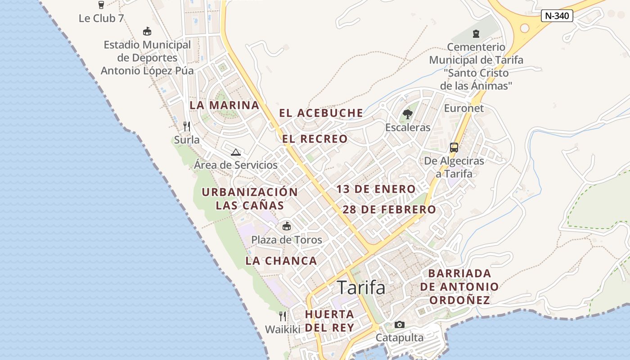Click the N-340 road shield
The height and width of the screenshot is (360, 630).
[x=557, y=16]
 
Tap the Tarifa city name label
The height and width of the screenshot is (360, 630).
[x=361, y=288]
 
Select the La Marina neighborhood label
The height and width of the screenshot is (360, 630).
[x=224, y=105]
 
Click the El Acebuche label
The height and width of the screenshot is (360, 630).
[x=321, y=113]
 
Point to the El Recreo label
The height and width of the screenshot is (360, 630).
[x=315, y=139]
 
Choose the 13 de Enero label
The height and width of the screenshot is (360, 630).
[x=376, y=189]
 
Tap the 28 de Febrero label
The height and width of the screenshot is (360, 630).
[x=389, y=210]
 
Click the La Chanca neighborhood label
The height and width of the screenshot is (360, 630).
[x=281, y=261]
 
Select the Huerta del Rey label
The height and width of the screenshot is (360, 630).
[x=329, y=320]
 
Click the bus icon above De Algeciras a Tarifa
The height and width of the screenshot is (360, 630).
[x=454, y=147]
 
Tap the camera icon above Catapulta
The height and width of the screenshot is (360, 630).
[x=399, y=324]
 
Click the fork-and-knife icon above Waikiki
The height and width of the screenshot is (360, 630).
[x=282, y=316]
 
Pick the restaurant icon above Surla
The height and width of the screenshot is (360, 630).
[x=187, y=126]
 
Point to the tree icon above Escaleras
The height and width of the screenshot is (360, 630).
[x=408, y=114]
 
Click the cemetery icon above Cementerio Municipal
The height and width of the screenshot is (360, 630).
[x=476, y=33]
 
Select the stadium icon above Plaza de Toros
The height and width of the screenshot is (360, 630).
[x=286, y=226]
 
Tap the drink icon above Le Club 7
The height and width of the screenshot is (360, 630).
[x=101, y=5]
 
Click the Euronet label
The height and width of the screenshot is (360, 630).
[x=463, y=108]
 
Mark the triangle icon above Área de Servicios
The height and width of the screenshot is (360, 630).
[x=235, y=152]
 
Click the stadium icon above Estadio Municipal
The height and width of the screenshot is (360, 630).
[x=147, y=31]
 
